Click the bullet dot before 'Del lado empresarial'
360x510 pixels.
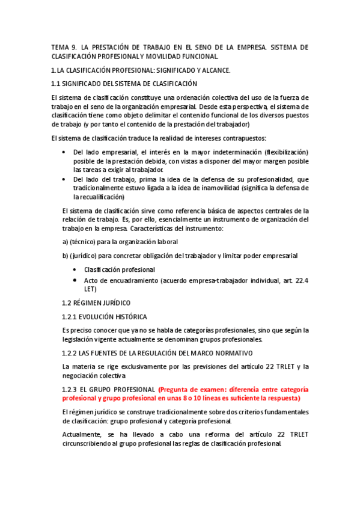tap(64, 152)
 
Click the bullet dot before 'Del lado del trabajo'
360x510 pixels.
tap(64, 179)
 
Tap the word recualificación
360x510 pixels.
tap(99, 197)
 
